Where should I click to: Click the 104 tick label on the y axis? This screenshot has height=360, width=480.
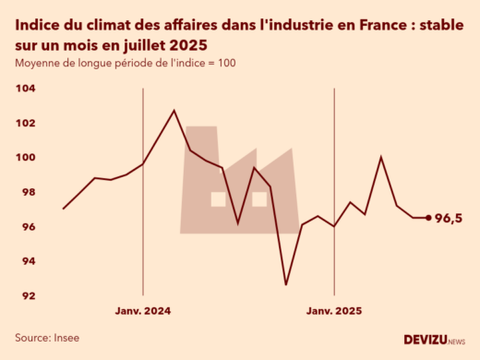26,89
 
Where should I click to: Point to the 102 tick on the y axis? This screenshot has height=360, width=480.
26,123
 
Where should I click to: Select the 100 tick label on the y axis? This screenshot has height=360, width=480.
26,158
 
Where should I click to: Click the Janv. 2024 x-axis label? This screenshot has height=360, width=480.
144,311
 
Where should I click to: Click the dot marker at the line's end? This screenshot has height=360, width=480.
428,218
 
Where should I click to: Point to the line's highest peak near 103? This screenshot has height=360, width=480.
174,111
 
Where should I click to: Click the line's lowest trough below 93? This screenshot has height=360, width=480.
285,284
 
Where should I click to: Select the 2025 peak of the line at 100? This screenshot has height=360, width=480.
381,157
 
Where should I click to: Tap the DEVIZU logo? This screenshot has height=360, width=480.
434,340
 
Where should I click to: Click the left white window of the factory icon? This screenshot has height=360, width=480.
219,198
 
